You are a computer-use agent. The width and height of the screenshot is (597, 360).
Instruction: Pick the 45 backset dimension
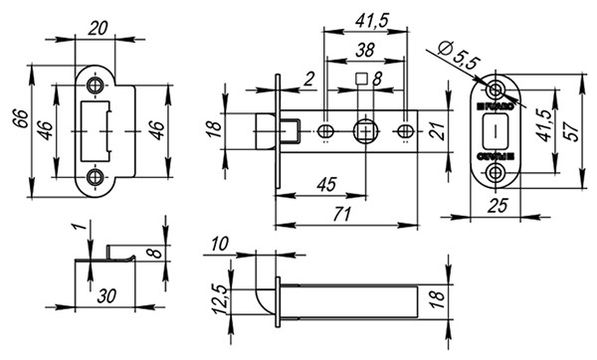[x=320, y=183]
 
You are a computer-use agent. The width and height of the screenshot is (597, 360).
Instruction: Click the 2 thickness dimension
[x=309, y=79]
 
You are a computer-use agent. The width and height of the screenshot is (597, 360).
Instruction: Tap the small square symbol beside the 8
[x=362, y=80]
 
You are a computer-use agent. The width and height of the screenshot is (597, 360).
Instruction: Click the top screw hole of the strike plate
[x=96, y=87]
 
